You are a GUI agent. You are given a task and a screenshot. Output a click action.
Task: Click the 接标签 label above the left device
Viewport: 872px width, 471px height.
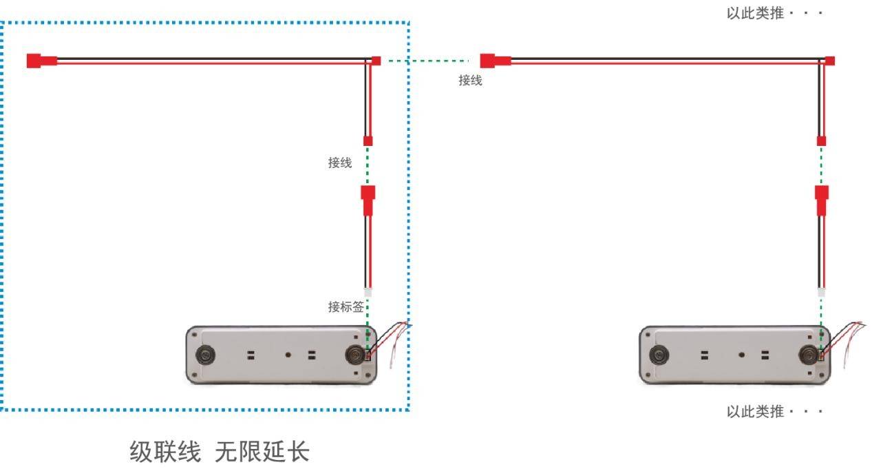point(345,307)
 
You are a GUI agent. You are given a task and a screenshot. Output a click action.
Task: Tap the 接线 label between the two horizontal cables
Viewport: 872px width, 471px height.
point(470,81)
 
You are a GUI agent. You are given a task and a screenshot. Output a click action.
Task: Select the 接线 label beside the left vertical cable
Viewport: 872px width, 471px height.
point(340,163)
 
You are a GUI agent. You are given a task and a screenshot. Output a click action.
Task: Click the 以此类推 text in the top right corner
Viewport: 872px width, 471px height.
point(755,13)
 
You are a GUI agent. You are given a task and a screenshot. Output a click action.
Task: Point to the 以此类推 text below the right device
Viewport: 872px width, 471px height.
point(755,411)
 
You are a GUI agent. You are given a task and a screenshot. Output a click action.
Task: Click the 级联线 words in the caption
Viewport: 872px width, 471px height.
point(165,452)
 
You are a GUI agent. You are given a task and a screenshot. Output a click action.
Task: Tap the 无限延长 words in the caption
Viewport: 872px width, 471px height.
point(262,452)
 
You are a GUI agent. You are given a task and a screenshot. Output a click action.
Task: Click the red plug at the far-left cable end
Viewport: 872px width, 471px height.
point(42,61)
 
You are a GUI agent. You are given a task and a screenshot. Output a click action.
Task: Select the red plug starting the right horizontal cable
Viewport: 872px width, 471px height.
point(496,61)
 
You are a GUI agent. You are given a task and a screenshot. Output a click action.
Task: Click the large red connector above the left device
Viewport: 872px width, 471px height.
point(368,200)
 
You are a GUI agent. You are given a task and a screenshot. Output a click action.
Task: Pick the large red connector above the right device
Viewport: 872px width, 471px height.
point(822,200)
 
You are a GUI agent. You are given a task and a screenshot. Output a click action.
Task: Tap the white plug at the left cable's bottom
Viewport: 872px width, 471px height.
point(368,292)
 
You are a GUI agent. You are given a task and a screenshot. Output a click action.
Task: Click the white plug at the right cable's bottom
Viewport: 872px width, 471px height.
point(821,292)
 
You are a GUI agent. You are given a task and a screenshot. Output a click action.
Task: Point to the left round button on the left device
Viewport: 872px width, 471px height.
point(205,355)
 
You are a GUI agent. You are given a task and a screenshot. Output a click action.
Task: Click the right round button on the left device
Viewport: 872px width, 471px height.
point(355,355)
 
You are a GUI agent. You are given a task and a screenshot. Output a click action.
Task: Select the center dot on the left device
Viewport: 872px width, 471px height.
point(288,355)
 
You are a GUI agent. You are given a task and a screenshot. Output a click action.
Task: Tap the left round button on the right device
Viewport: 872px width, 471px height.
point(659,355)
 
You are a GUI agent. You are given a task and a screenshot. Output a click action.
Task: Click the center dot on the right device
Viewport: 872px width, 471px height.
point(742,355)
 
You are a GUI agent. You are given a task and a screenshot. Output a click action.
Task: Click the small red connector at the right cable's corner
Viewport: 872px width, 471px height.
point(829,61)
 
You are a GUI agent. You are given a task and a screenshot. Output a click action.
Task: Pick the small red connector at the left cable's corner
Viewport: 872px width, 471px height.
point(376,61)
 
